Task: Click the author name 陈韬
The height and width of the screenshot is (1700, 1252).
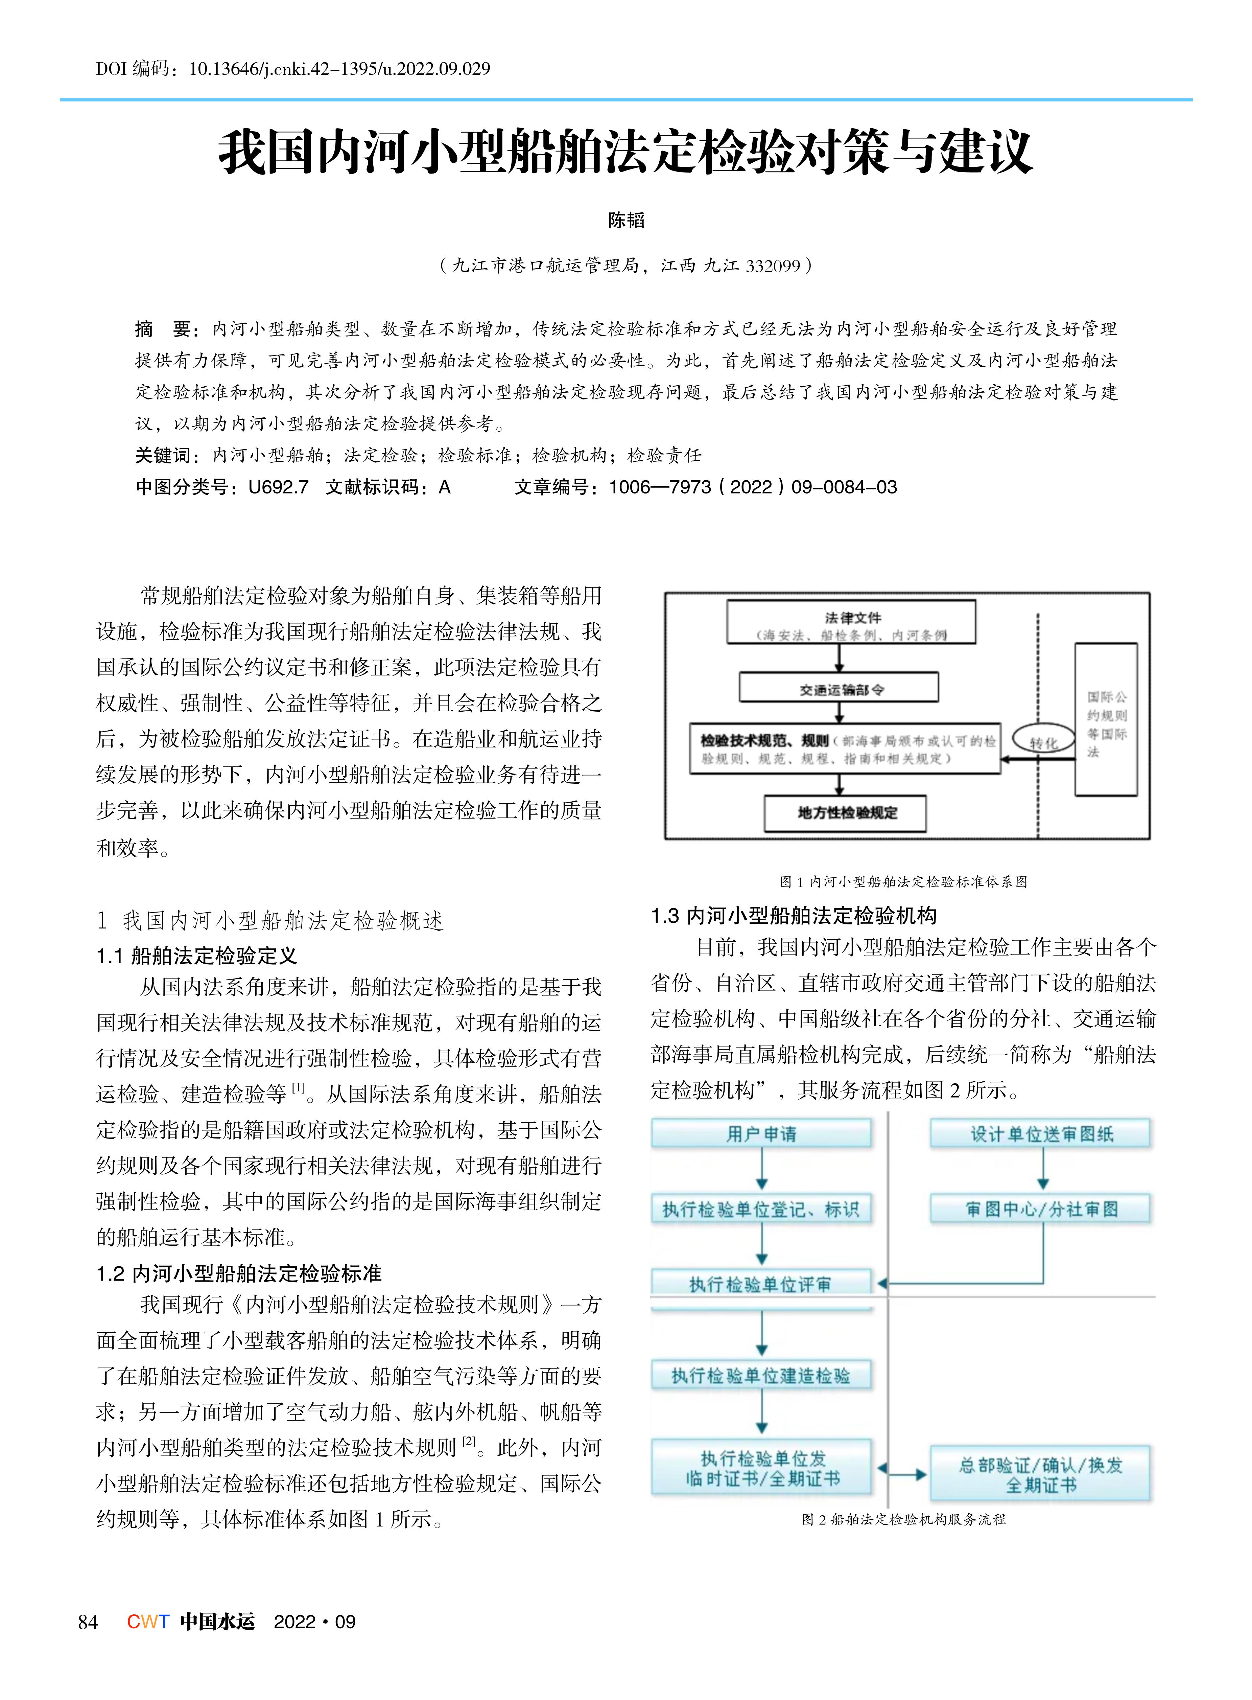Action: click(x=626, y=221)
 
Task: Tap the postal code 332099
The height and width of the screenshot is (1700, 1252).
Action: click(x=773, y=266)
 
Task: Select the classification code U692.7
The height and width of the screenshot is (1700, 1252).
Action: click(x=278, y=487)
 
